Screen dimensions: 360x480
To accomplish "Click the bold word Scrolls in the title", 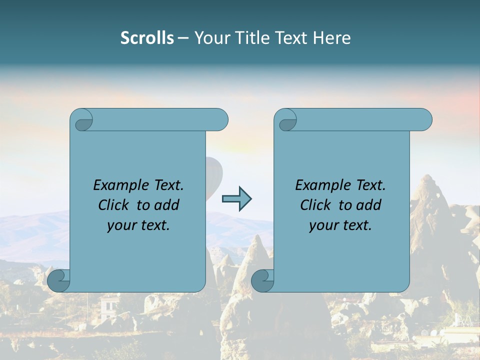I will [147, 37].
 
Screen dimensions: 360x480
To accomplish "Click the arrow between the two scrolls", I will [236, 199].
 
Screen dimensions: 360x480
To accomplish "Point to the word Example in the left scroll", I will [121, 185].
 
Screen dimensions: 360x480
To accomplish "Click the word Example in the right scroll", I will [323, 185].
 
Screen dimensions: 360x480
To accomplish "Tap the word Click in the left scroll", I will [114, 205].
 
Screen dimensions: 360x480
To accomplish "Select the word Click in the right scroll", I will [315, 205].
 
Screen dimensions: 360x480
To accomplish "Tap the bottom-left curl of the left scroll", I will [58, 280].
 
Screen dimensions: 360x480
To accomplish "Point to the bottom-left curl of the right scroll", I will [261, 280].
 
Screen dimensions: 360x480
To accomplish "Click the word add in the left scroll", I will [166, 205].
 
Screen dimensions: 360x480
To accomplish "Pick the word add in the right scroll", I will [368, 205].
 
